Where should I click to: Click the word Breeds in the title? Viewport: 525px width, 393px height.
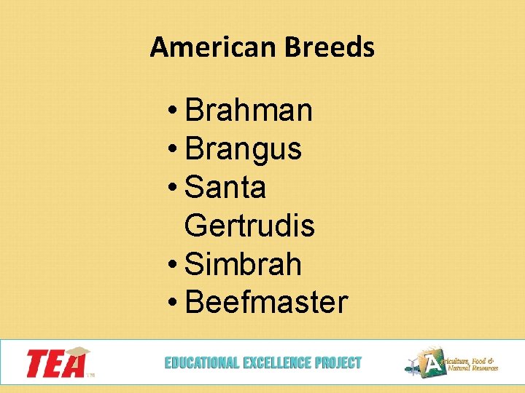330,48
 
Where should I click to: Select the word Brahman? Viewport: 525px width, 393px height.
249,111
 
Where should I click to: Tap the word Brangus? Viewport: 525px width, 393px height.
244,149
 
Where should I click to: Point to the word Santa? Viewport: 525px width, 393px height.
226,188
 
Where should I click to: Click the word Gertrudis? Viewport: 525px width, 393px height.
250,226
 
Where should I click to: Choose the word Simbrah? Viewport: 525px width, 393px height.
244,264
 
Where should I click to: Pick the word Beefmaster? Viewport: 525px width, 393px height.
267,302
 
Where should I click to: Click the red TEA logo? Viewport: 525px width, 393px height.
55,363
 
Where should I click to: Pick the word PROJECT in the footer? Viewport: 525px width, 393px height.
338,362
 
